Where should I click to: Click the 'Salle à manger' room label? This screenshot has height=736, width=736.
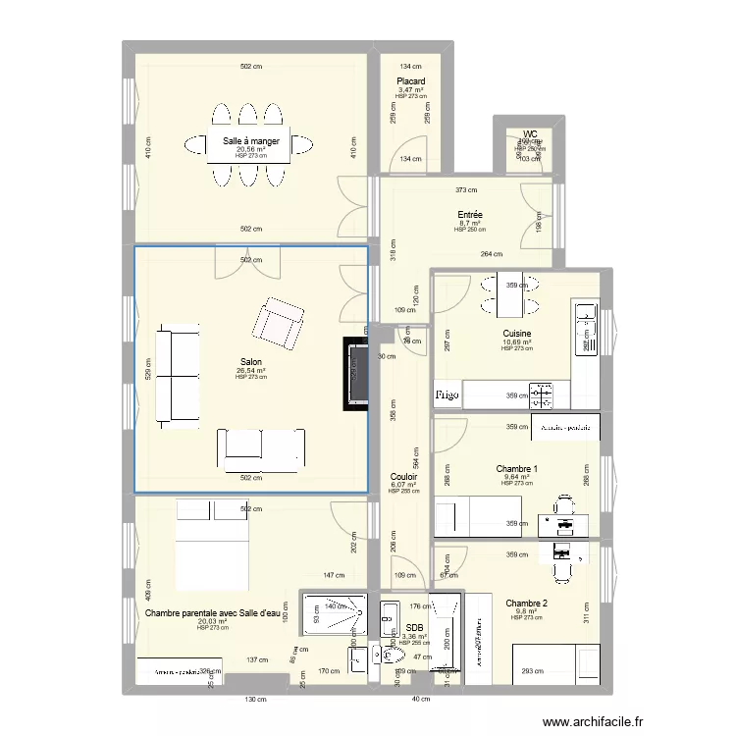click(x=251, y=141)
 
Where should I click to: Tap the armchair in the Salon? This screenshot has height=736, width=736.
click(x=279, y=323)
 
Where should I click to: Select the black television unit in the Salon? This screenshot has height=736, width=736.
click(x=355, y=374)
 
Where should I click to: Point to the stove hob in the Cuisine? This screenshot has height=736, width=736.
click(x=543, y=395)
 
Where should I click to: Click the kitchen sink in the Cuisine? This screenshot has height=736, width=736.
click(x=585, y=318)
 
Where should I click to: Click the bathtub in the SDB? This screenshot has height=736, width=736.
click(x=447, y=634)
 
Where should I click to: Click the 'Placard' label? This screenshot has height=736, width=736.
click(x=410, y=81)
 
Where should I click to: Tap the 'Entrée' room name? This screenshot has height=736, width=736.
click(x=469, y=215)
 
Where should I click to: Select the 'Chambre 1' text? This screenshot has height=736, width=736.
click(x=516, y=469)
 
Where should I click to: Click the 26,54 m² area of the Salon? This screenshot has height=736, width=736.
click(x=251, y=370)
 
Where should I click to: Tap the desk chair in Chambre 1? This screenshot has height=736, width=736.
click(x=563, y=504)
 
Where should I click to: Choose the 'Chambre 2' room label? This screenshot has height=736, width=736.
click(x=526, y=604)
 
